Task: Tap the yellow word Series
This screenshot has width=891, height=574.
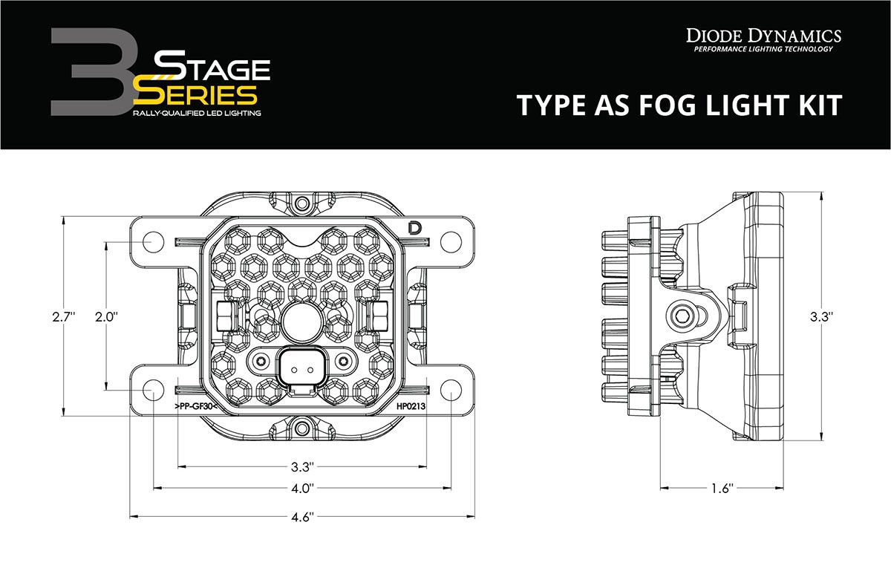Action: click(x=195, y=94)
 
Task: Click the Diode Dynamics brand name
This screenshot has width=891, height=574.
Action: click(x=763, y=35)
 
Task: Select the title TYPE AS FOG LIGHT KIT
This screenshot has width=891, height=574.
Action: click(x=679, y=105)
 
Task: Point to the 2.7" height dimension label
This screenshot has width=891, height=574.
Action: click(x=65, y=317)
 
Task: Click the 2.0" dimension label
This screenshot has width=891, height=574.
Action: click(x=107, y=316)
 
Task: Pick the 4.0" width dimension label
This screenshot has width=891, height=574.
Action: click(x=302, y=488)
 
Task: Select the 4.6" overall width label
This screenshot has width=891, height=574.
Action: click(x=302, y=515)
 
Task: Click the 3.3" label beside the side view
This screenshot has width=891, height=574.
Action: click(x=820, y=317)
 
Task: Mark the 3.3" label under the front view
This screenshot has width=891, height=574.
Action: click(x=302, y=467)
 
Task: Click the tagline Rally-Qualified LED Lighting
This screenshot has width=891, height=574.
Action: click(x=197, y=112)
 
